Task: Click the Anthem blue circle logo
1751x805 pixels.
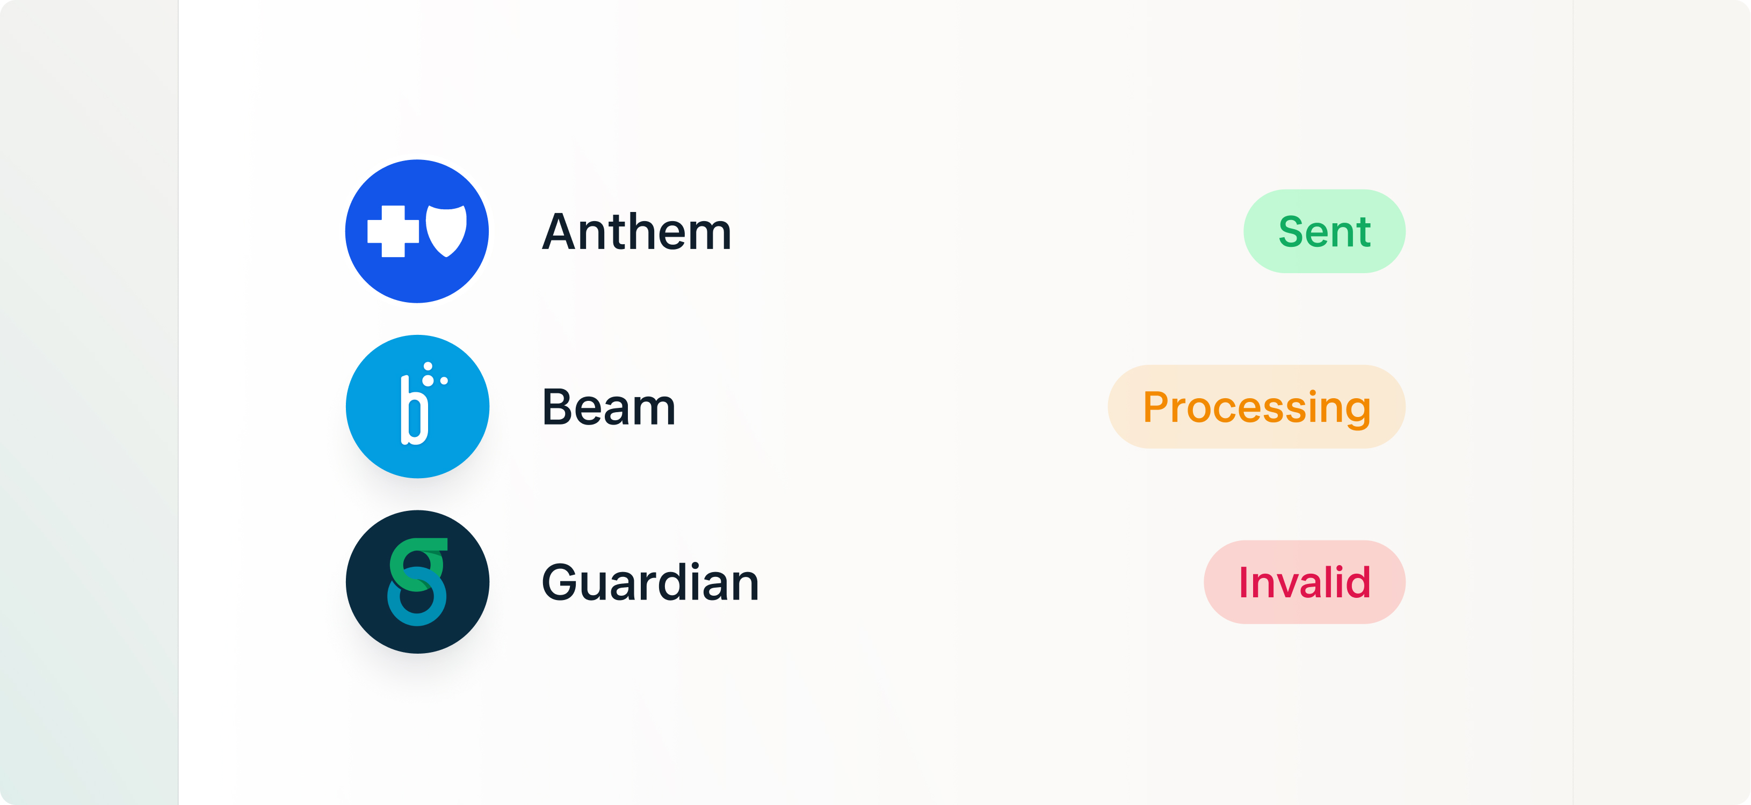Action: [417, 231]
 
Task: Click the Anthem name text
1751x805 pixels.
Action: [636, 232]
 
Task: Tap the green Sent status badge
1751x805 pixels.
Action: [1324, 231]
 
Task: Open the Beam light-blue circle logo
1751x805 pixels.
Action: [417, 406]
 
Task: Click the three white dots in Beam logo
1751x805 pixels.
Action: [433, 374]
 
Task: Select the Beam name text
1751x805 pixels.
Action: [609, 407]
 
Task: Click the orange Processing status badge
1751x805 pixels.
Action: [1256, 406]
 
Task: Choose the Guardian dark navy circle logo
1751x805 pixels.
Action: [417, 582]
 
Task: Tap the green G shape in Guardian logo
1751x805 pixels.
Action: [417, 564]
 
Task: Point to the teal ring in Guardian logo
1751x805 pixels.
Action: [417, 596]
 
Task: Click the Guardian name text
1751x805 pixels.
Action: [650, 582]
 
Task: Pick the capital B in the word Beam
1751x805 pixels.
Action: [560, 407]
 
